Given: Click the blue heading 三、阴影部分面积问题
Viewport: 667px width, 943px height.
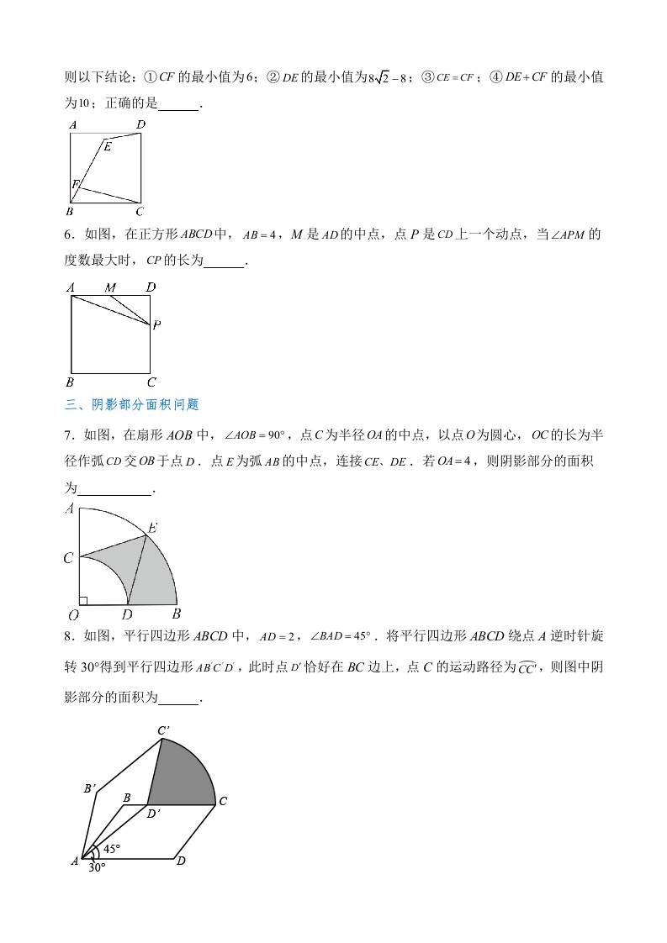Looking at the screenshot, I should point(132,404).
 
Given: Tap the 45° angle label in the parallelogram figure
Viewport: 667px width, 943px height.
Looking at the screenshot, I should point(112,848).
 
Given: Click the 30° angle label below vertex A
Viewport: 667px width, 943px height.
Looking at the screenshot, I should point(98,867).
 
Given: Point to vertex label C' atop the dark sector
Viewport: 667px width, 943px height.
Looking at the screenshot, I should point(165,730).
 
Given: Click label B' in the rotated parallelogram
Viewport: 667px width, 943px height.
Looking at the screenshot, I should point(89,788).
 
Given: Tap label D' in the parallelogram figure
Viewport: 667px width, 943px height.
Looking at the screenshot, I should point(153,813).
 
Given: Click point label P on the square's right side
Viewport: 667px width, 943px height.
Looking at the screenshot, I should point(157,325).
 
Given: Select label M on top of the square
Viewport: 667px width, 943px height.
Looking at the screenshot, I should point(109,288).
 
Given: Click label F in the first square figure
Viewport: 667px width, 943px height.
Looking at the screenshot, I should point(75,184).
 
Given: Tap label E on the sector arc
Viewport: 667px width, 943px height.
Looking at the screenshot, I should point(152,528).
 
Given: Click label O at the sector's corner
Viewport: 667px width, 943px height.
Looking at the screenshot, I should point(73,615).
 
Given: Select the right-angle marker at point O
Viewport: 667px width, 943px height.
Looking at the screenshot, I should point(83,600).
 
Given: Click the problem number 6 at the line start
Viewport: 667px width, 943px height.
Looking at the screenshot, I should point(69,234).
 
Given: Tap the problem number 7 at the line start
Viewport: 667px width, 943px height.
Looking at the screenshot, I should point(69,435).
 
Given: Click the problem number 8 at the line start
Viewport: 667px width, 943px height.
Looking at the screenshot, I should point(69,635).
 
